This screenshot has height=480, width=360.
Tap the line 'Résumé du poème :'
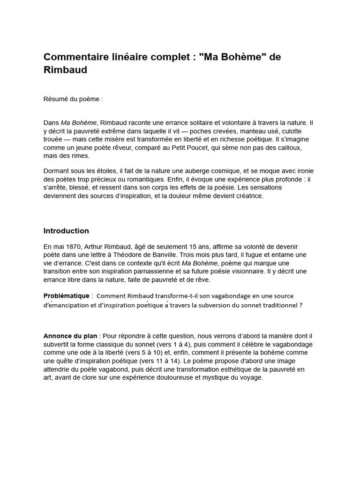click(x=73, y=99)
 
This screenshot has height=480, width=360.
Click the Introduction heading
click(x=66, y=231)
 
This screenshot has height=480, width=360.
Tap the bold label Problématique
click(x=66, y=296)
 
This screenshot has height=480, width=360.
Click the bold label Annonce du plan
click(x=70, y=336)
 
